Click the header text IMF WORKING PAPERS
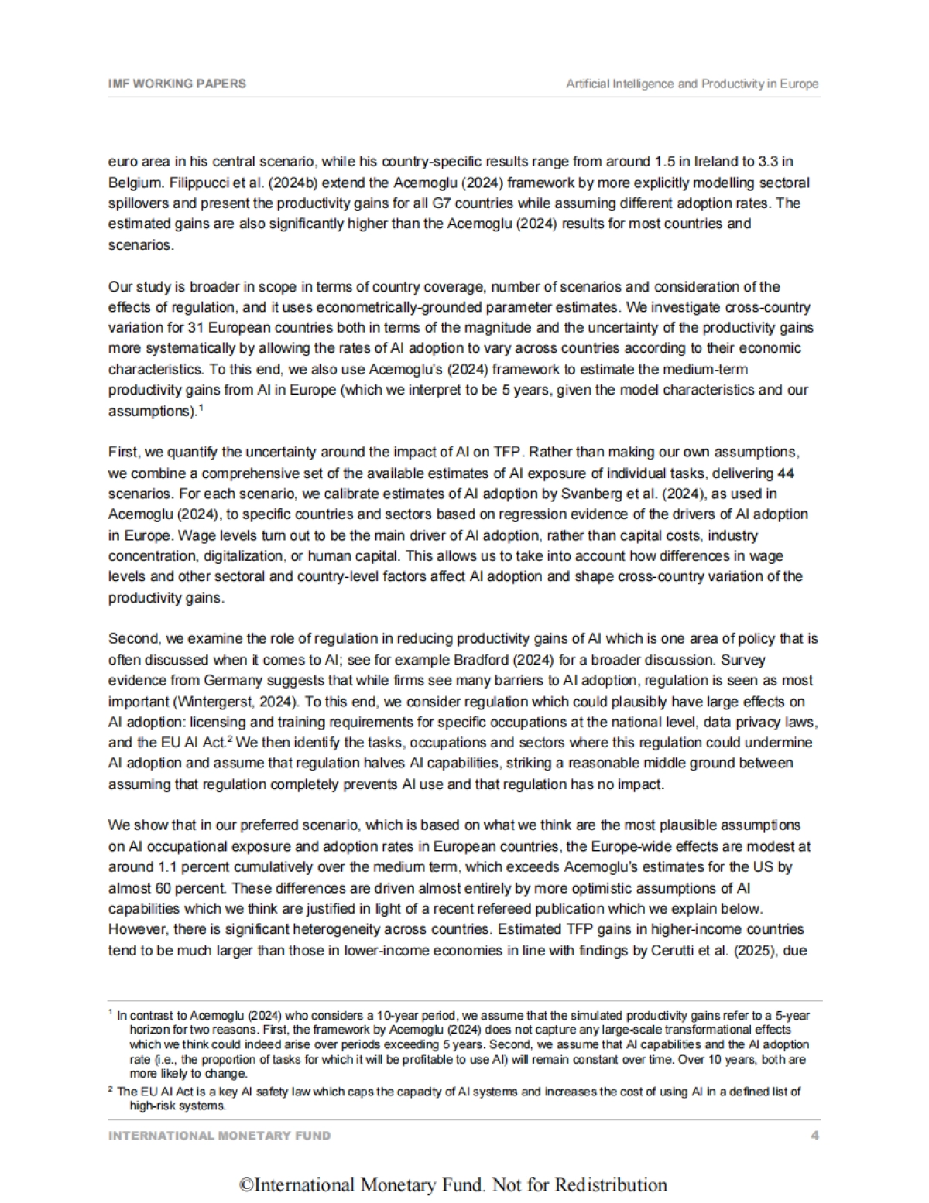[177, 84]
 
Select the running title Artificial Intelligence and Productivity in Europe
[692, 84]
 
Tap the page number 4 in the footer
[814, 1136]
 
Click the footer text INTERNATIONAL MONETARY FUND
[219, 1136]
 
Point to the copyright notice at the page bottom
[453, 1185]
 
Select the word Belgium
[133, 183]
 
